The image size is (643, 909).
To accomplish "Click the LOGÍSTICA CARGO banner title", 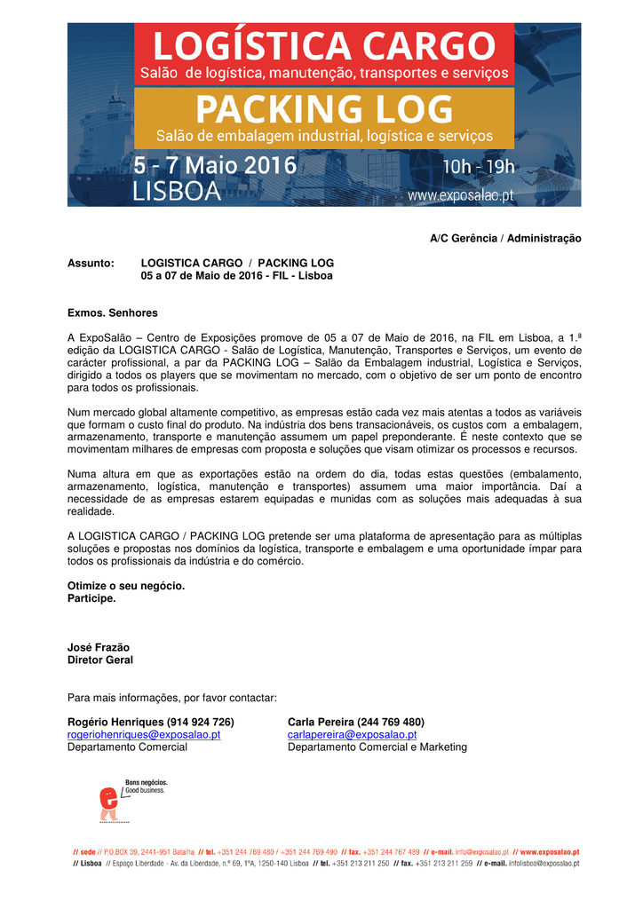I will [x=324, y=43].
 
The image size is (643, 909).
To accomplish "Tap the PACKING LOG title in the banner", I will [x=324, y=110].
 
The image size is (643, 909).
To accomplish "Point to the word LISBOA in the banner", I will [x=176, y=193].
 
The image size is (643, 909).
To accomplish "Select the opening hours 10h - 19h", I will [x=479, y=168].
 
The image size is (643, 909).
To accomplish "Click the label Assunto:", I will [x=91, y=264].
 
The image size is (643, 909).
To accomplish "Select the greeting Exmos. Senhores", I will [x=113, y=313].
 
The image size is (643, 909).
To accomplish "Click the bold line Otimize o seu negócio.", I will [x=126, y=586].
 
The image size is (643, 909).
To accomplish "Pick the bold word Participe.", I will [x=91, y=598].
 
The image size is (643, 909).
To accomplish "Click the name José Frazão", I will [x=99, y=648].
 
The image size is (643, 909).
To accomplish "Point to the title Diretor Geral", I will [x=100, y=660].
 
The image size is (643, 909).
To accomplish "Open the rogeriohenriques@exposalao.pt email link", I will [x=144, y=735].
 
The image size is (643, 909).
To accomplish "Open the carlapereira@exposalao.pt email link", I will [x=352, y=735].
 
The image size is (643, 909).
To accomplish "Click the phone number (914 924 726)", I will [x=201, y=723].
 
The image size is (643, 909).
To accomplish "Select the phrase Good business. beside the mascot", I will [x=145, y=790].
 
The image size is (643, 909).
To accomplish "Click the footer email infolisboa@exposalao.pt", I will [x=544, y=863].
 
